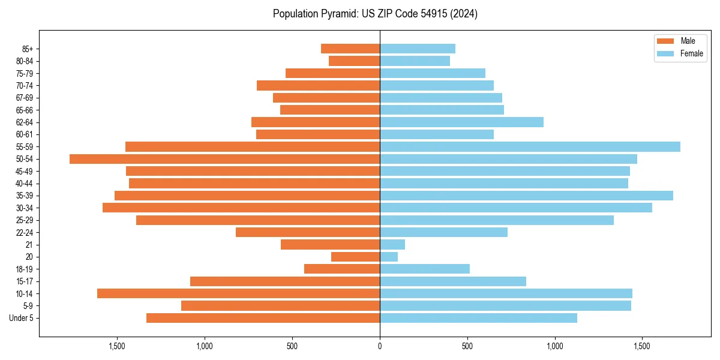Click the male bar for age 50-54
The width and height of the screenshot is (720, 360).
coord(224,159)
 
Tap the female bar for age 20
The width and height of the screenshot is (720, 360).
coord(389,257)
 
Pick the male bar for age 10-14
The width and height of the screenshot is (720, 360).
coord(238,293)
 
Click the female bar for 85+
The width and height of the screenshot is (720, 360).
coord(418,49)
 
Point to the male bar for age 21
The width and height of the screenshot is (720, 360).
coord(330,245)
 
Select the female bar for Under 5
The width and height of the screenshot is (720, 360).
coord(478,318)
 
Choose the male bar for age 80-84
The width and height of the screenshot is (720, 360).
coord(354,61)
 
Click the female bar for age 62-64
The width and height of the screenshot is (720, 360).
coord(461,122)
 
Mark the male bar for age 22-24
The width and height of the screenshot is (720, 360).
coord(308,232)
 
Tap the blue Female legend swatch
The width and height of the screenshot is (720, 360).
coord(665,53)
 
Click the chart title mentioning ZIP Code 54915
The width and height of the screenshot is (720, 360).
coord(375,14)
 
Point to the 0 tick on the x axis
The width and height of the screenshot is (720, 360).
coord(380,346)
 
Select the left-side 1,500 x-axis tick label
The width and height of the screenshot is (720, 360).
coord(117,346)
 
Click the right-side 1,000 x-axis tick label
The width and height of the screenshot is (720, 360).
coord(555,346)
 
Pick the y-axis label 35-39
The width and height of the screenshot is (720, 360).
coord(25,196)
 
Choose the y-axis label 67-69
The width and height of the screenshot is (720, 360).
coord(25,98)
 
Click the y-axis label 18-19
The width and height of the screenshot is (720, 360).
coord(25,269)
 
